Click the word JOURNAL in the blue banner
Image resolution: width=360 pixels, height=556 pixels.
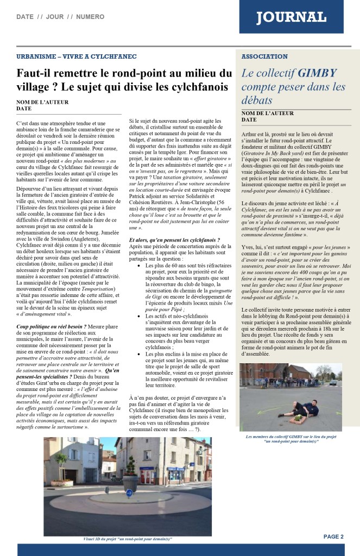[x=292, y=18]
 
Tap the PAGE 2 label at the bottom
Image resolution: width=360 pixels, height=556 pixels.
[x=333, y=536]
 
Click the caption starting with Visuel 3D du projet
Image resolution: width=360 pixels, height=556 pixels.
[x=128, y=539]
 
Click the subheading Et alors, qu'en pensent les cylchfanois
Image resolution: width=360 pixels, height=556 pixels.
[x=174, y=240]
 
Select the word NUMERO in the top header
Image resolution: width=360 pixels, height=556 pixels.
[x=90, y=17]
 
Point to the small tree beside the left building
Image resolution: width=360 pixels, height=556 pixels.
[x=60, y=460]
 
